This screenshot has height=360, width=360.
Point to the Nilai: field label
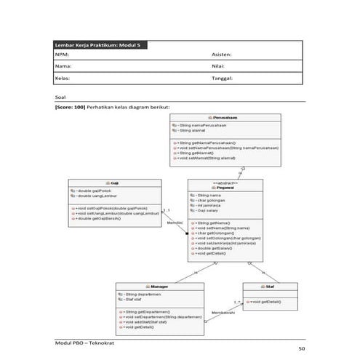(x=219, y=66)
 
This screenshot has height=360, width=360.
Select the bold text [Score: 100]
(x=70, y=107)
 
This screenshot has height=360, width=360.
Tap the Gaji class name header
(x=115, y=183)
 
